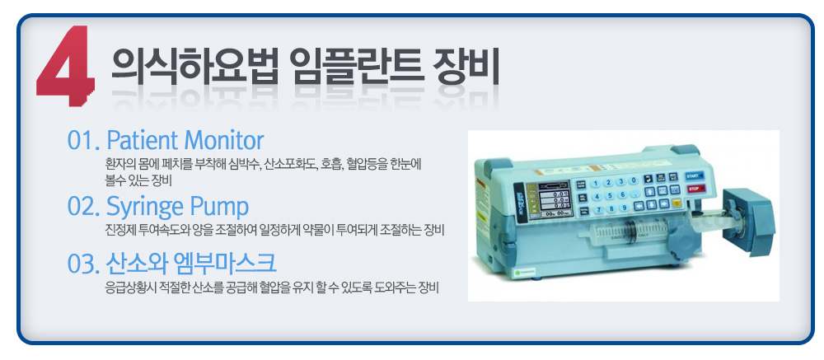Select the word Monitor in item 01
click(224, 140)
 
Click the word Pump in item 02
click(222, 208)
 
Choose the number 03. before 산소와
click(83, 264)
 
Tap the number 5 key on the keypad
click(609, 195)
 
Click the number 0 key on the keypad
click(634, 180)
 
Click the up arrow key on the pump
click(650, 191)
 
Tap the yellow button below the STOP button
click(677, 202)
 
